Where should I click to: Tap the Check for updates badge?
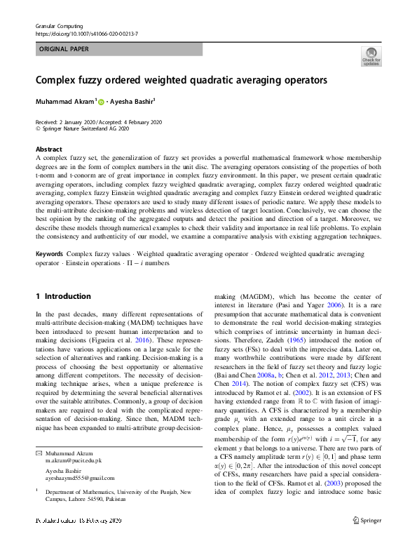pos(370,57)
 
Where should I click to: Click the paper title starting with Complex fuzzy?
pos(182,80)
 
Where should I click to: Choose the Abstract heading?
pos(49,149)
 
